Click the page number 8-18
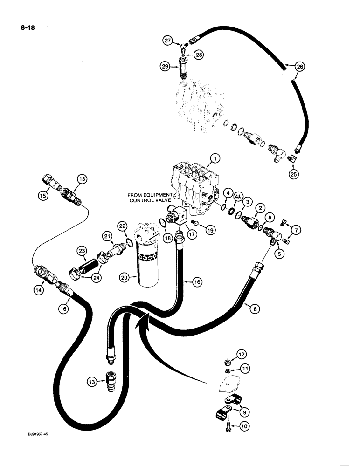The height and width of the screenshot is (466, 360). click(25, 27)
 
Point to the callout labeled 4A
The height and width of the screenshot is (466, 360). click(237, 196)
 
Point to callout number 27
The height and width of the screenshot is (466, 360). click(167, 41)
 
